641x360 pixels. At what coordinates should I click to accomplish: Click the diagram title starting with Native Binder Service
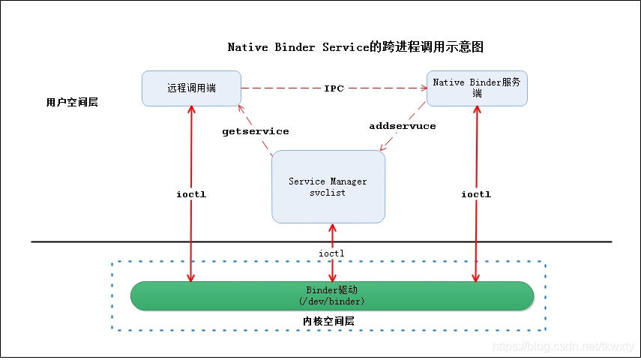click(x=355, y=47)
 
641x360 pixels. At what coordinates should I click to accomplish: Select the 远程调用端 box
click(x=191, y=88)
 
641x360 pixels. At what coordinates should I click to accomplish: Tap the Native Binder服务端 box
click(x=477, y=88)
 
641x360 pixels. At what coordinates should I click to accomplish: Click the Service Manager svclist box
click(x=328, y=187)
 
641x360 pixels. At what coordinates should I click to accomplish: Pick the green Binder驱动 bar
click(x=332, y=295)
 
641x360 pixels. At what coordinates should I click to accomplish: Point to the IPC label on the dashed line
click(x=334, y=88)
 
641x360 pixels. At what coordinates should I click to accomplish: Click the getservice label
click(x=256, y=131)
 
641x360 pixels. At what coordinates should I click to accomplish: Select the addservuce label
click(x=402, y=126)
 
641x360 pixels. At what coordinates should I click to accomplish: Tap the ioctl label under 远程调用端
click(x=191, y=194)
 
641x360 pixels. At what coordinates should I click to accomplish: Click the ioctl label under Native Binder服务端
click(x=476, y=194)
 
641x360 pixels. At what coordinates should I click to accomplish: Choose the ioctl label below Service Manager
click(x=331, y=253)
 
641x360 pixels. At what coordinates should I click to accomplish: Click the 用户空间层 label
click(x=72, y=102)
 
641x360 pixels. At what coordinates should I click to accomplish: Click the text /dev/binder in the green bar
click(x=332, y=301)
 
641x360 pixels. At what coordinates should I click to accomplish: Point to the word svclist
click(x=328, y=193)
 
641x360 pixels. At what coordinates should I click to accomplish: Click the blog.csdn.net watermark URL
click(x=562, y=346)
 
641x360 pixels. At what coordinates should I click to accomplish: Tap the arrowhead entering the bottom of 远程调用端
click(x=191, y=110)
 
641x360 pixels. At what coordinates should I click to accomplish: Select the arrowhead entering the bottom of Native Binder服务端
click(x=476, y=109)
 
